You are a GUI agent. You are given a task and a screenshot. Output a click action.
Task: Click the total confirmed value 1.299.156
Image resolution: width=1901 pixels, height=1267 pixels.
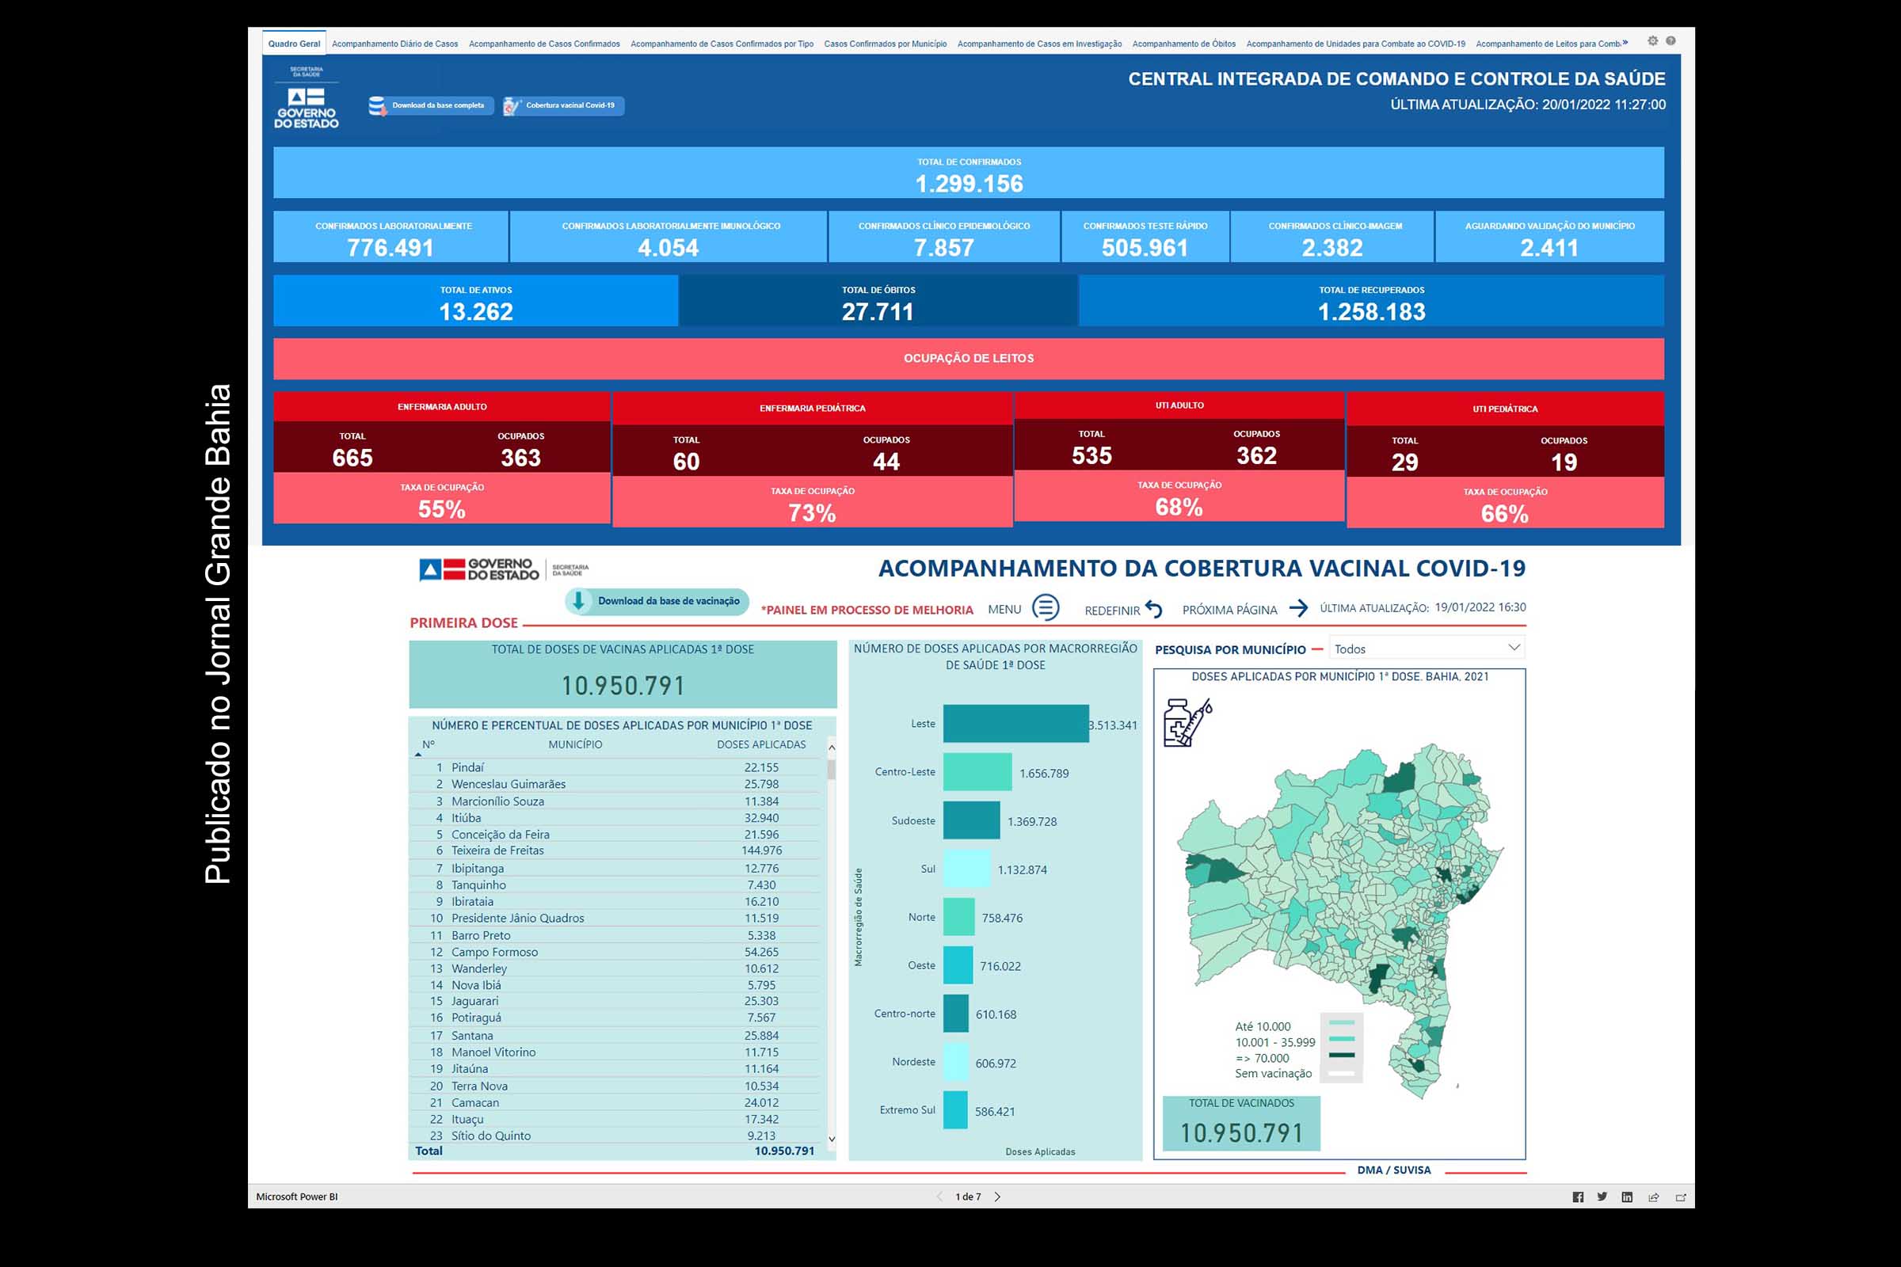tap(968, 185)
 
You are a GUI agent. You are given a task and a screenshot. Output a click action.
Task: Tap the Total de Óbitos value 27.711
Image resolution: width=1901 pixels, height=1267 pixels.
tap(877, 312)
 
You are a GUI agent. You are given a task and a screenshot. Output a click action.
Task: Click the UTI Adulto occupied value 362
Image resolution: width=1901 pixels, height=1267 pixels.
tap(1256, 456)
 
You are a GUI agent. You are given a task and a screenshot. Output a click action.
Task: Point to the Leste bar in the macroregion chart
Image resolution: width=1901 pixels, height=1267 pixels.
tap(1015, 723)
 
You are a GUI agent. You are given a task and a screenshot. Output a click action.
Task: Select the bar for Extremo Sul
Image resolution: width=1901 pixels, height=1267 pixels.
tap(955, 1110)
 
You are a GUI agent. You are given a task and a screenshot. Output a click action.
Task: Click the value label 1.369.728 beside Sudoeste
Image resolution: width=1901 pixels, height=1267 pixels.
tap(1031, 822)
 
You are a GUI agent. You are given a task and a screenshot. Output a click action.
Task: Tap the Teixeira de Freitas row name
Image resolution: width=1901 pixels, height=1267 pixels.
tap(497, 850)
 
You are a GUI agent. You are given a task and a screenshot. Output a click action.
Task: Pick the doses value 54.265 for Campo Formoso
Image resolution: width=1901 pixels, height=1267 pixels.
tap(761, 952)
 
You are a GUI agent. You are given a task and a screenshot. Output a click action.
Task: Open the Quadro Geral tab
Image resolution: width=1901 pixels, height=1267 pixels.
tap(294, 44)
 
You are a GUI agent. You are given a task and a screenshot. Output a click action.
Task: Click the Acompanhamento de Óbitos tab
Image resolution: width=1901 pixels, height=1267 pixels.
tap(1183, 44)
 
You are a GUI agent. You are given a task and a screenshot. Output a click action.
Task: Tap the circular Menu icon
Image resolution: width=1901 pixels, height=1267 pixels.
tap(1045, 607)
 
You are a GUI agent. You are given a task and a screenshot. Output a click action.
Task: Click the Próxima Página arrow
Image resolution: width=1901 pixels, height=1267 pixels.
tap(1298, 608)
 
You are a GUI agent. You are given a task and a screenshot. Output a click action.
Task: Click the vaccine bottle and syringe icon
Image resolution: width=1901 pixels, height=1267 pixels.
tap(1187, 722)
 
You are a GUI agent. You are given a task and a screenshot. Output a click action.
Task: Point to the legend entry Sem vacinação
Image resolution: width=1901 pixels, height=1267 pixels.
tap(1273, 1073)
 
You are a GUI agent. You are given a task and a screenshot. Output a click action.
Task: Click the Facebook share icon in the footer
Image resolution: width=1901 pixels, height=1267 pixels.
tap(1578, 1197)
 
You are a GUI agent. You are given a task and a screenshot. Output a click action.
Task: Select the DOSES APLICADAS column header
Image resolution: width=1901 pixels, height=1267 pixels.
tap(760, 744)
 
